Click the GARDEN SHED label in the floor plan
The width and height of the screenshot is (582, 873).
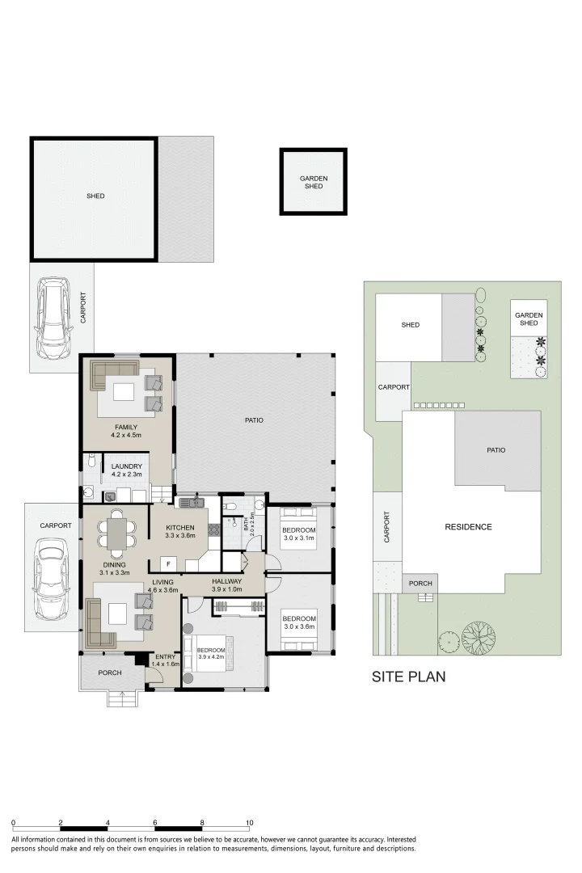tap(314, 182)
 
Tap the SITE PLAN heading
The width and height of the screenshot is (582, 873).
tap(409, 677)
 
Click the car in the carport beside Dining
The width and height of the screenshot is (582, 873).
tap(51, 579)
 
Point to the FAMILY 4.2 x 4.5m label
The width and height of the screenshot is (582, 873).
tap(126, 431)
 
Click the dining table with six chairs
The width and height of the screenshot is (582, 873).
tap(116, 534)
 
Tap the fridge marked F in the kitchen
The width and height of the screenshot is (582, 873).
tap(168, 564)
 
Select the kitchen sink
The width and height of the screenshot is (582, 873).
tap(191, 503)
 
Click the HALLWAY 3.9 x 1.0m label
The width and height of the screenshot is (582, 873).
tap(226, 584)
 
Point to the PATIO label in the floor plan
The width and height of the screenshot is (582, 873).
tap(254, 420)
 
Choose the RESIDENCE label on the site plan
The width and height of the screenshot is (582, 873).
tap(468, 527)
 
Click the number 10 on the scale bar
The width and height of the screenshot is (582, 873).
tap(250, 822)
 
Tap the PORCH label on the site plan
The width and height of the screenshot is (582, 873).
tap(420, 584)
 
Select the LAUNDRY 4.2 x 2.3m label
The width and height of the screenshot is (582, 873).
tap(126, 470)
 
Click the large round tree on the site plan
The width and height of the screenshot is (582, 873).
tap(479, 637)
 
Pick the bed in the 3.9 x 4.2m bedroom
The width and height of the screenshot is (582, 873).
tap(209, 654)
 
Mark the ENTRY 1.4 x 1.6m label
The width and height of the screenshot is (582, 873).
tap(166, 660)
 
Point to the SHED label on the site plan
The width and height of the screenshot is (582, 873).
tap(411, 325)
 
